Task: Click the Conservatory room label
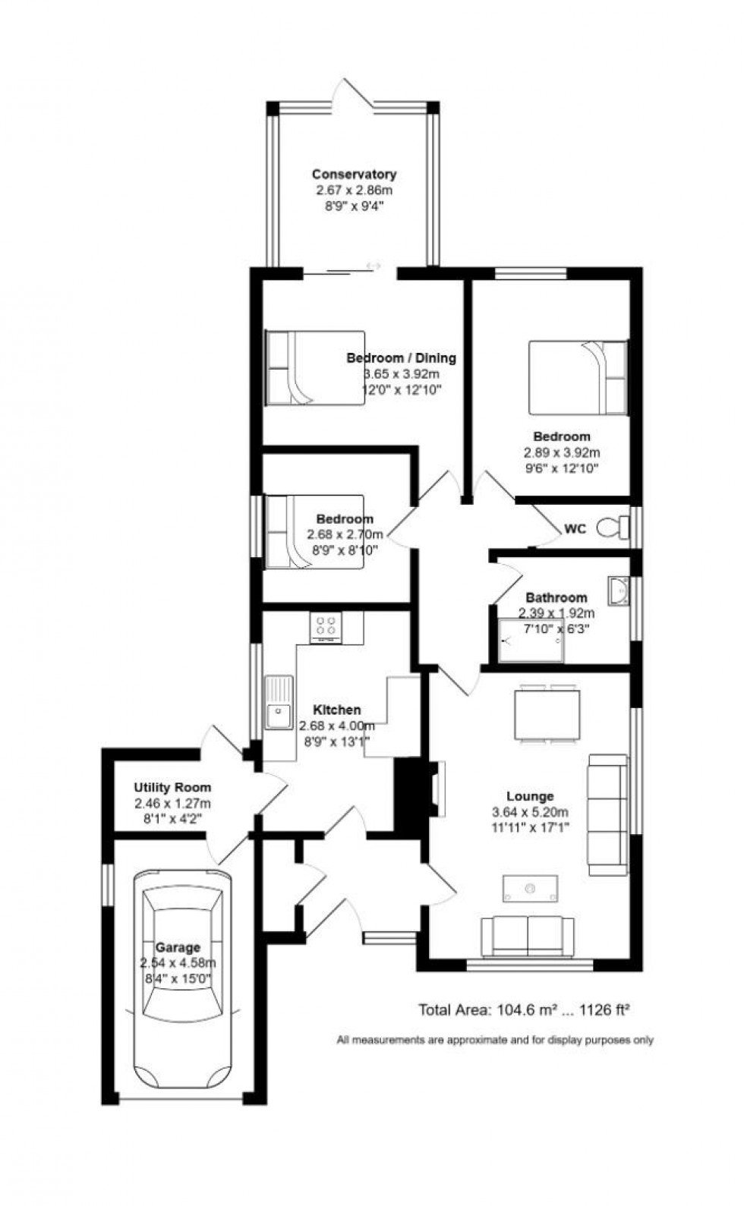click(354, 175)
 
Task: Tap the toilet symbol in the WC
click(613, 527)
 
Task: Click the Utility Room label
click(172, 788)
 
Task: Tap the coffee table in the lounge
click(530, 888)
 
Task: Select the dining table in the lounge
click(547, 713)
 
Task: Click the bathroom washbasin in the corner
click(618, 589)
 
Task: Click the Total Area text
click(525, 1010)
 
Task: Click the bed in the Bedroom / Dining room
click(314, 368)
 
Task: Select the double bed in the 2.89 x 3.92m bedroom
click(578, 377)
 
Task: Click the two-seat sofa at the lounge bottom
click(528, 936)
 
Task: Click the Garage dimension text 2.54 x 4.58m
click(178, 963)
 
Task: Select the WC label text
click(575, 529)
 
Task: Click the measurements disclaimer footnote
click(495, 1041)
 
